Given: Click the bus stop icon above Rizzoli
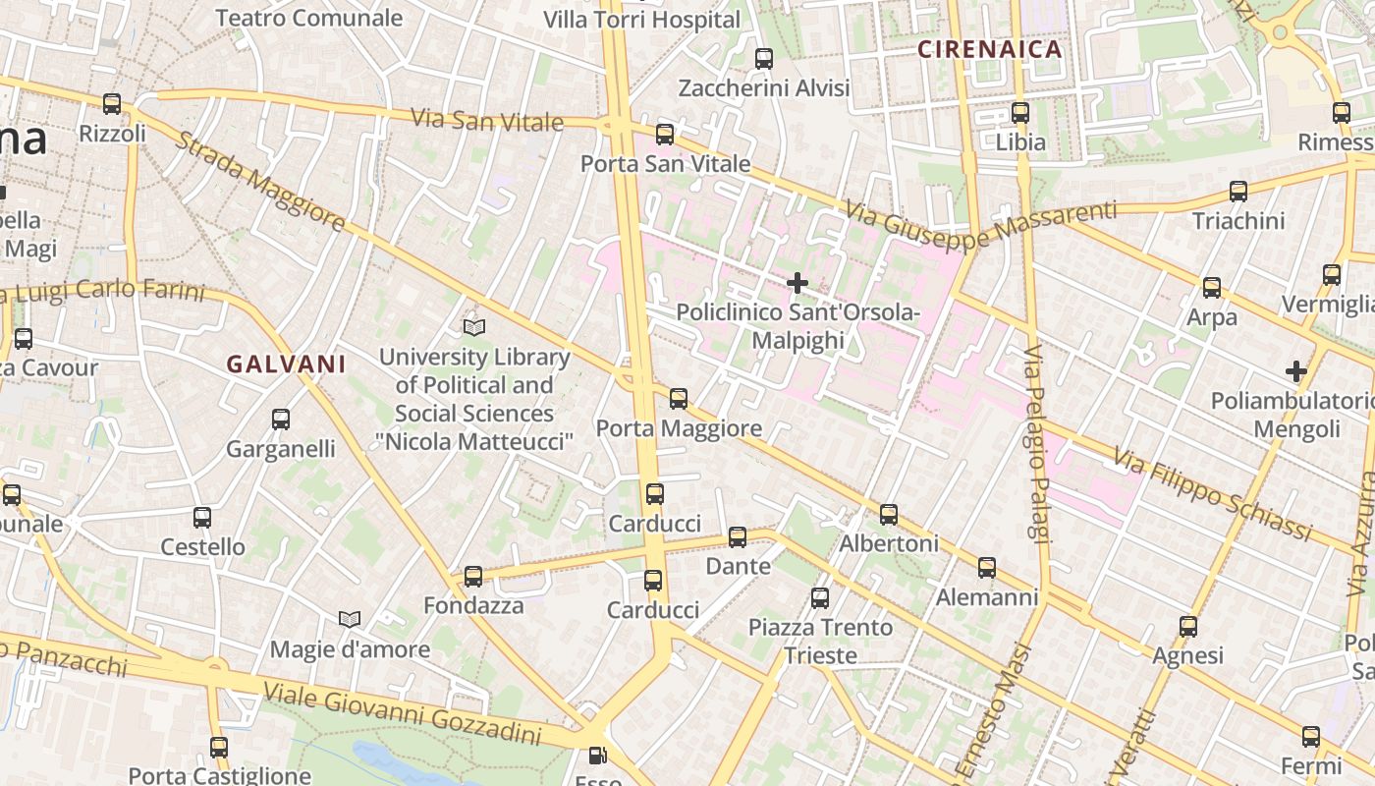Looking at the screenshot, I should (x=112, y=103).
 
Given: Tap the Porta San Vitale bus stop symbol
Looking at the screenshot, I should (x=665, y=135).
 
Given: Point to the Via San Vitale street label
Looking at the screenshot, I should (x=487, y=121).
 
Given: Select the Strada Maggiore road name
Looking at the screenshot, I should (x=260, y=182).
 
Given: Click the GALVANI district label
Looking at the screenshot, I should (x=286, y=365).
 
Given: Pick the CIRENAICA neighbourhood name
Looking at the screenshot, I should (x=990, y=49).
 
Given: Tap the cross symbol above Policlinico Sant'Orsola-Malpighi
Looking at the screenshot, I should (x=797, y=283).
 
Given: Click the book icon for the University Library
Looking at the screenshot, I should (x=474, y=327).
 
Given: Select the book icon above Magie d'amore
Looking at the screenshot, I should (x=350, y=619).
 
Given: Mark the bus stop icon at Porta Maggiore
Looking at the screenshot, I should (x=679, y=398).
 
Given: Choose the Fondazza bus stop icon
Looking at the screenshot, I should (x=473, y=576).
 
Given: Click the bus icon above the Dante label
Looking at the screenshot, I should (x=738, y=536).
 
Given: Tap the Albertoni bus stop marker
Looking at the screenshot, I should (x=889, y=514).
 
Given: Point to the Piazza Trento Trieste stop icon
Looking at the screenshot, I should (x=820, y=597).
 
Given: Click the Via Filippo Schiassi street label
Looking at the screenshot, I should (x=1214, y=493).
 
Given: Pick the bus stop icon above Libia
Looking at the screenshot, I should (x=1020, y=113).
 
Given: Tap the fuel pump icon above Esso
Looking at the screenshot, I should (x=597, y=756).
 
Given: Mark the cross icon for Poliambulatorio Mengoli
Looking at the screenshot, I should (x=1296, y=371).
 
